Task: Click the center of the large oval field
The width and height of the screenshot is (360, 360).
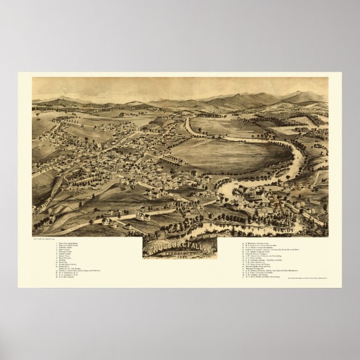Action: click(229, 154)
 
